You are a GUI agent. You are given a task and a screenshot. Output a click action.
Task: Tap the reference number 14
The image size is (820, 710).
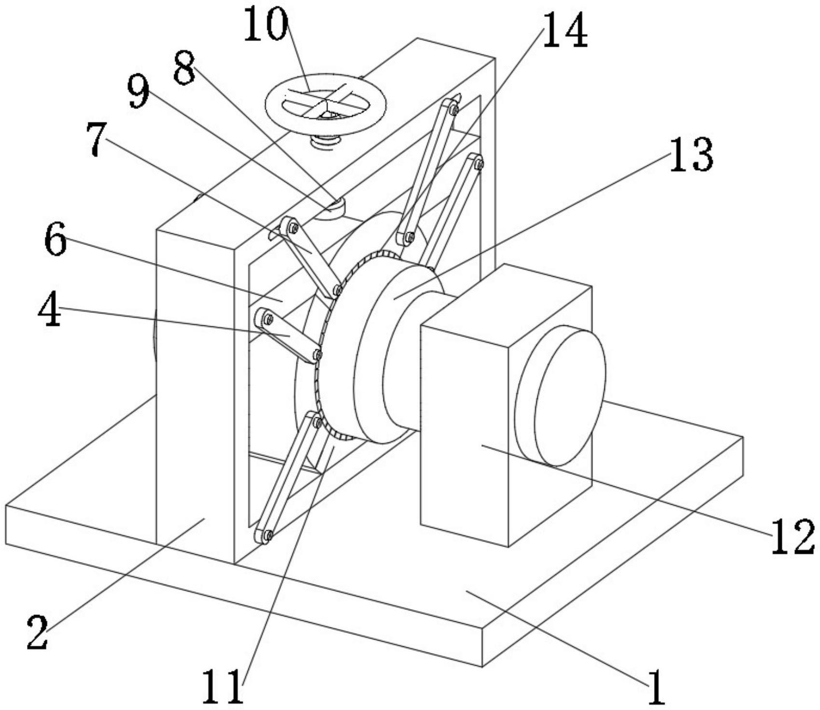pyautogui.click(x=565, y=30)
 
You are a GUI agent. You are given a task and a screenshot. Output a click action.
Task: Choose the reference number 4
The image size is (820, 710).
pyautogui.click(x=49, y=311)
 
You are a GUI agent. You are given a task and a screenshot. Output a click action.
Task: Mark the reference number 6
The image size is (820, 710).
pyautogui.click(x=55, y=240)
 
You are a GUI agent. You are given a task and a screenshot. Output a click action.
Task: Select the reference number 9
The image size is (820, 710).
pyautogui.click(x=138, y=92)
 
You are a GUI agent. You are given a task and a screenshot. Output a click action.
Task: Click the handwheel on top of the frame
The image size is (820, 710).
pyautogui.click(x=326, y=103)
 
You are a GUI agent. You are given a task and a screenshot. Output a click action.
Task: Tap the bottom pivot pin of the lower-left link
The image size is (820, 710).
pyautogui.click(x=266, y=534)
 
